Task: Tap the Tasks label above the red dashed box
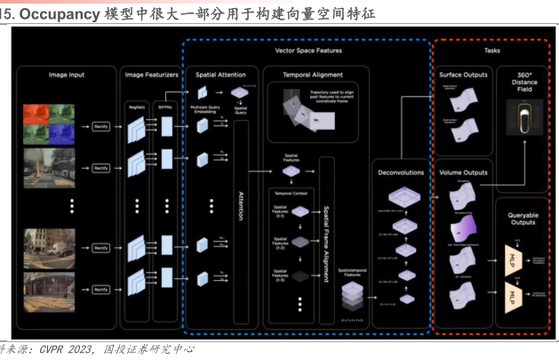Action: (491, 51)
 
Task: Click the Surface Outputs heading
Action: (463, 75)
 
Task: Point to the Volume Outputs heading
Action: (462, 172)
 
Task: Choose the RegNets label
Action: (138, 104)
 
